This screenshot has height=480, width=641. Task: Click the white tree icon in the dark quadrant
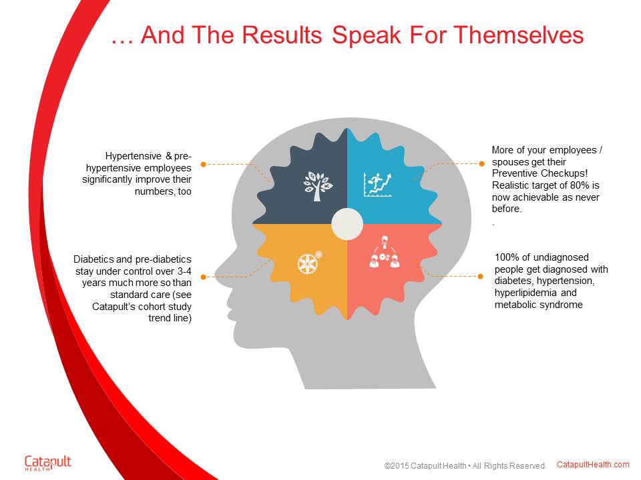(x=318, y=186)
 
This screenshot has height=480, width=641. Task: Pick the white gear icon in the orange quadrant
(x=309, y=263)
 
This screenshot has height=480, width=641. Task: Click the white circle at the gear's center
(x=347, y=224)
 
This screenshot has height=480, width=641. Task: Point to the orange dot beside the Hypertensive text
(x=203, y=164)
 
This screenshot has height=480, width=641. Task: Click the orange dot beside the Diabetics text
(x=203, y=277)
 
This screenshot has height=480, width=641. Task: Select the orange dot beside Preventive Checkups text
(x=481, y=164)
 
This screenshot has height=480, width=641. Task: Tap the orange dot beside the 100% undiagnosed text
(x=480, y=276)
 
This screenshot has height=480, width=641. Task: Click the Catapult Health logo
(x=48, y=463)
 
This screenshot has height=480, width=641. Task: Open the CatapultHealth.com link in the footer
(x=593, y=465)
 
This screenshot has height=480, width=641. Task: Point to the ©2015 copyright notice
(x=465, y=466)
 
